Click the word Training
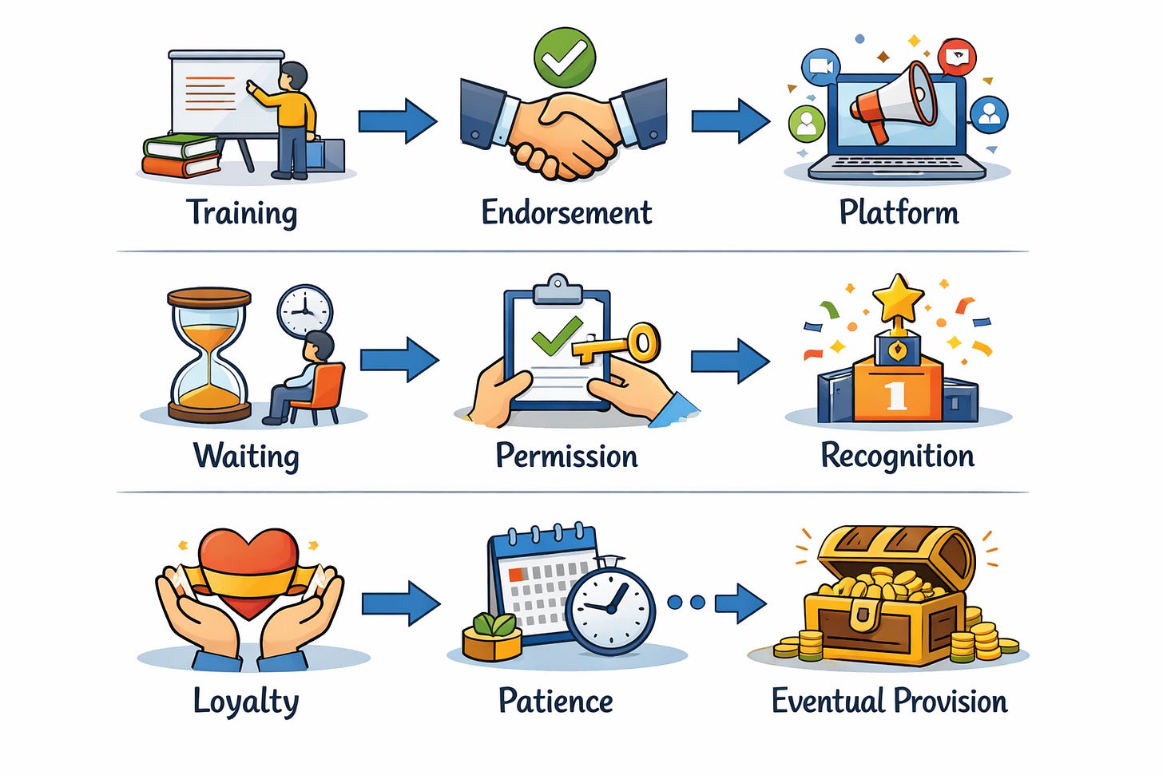241,213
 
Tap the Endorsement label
566,213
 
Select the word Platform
899,213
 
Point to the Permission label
566,456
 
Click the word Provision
950,701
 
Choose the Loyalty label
246,702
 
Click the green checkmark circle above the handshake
565,55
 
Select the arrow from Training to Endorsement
397,121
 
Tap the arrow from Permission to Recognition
729,361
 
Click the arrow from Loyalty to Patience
400,603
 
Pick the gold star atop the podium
898,298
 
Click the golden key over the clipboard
621,343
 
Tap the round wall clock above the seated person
304,310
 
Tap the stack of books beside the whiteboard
181,156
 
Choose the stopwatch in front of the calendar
609,608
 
